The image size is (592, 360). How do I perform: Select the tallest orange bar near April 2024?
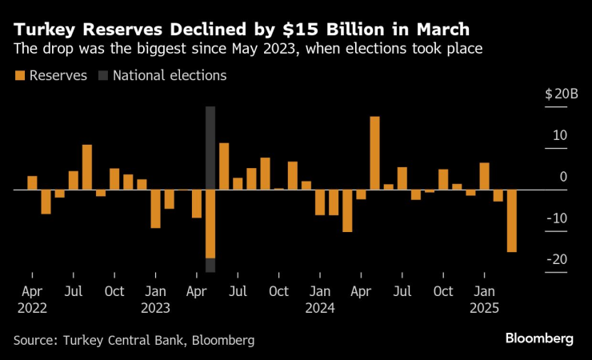(374, 153)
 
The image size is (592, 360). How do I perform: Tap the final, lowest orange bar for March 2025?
(511, 221)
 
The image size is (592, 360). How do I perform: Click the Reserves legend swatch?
(19, 76)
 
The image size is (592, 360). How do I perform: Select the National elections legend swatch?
(102, 76)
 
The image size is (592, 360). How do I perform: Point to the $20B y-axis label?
(561, 94)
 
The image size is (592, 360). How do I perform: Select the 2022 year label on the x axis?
(32, 308)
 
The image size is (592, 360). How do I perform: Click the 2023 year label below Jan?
(155, 308)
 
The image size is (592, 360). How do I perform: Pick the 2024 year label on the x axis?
(319, 308)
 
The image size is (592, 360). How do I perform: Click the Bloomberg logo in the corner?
(539, 338)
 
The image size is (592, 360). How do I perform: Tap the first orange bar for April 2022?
(33, 183)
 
